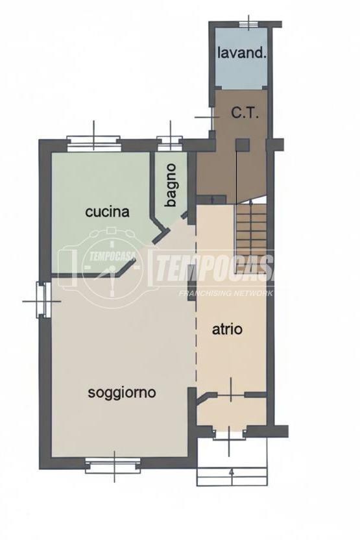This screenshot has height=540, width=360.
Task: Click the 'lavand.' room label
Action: [242, 53]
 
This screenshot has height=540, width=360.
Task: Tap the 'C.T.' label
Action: [245, 113]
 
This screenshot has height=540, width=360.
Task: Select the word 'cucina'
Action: [107, 212]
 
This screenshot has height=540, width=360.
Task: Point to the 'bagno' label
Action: [171, 185]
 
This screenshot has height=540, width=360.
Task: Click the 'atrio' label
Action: [227, 329]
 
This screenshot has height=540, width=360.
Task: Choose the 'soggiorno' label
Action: [122, 392]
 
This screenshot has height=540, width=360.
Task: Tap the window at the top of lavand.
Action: [248, 23]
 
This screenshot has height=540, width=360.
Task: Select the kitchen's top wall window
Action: [94, 143]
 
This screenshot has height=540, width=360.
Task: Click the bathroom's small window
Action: [170, 143]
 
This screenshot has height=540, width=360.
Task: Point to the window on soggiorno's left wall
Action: [42, 299]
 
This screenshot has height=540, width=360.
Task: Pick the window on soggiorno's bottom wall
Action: [114, 465]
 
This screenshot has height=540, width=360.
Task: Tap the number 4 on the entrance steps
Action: [232, 473]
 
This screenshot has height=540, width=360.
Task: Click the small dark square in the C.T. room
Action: [243, 145]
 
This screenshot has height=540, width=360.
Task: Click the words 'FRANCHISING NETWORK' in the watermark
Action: [226, 293]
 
